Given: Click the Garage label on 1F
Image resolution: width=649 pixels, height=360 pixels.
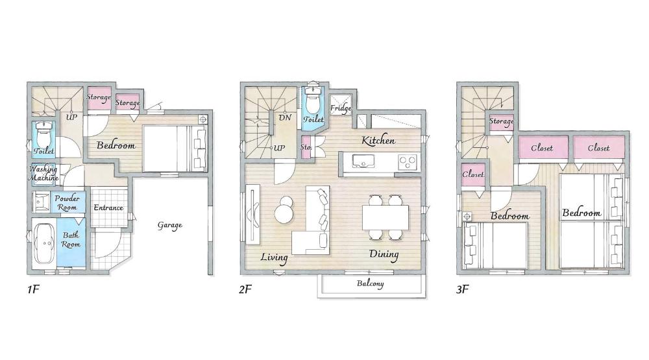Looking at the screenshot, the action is click(x=169, y=226).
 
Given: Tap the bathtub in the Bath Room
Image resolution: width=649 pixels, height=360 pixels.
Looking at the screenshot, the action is click(x=44, y=243).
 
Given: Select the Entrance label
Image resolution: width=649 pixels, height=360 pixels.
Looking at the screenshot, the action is click(x=108, y=208).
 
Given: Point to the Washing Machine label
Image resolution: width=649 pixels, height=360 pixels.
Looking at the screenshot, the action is click(x=43, y=173).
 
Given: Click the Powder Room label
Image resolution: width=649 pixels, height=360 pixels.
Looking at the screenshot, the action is click(x=67, y=203).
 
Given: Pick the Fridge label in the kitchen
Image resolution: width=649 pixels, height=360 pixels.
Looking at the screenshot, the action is click(x=341, y=108).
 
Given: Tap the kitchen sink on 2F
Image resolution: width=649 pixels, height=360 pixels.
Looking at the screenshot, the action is click(x=363, y=161).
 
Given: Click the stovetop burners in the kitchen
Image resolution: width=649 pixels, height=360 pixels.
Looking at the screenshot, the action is click(x=408, y=162).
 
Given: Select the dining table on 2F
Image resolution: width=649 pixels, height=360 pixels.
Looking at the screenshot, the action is click(x=386, y=217).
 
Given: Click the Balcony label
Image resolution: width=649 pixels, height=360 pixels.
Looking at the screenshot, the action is click(x=371, y=283).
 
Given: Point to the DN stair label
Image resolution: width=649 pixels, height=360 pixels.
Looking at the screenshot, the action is click(x=285, y=117).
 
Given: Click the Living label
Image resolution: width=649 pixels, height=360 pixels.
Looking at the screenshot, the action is click(x=274, y=258).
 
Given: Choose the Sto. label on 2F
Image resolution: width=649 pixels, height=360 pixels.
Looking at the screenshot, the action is click(x=306, y=147).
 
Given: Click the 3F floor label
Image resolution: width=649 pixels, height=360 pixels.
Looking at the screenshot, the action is click(x=462, y=289).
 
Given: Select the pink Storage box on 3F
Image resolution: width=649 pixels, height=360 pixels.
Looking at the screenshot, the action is click(x=501, y=122).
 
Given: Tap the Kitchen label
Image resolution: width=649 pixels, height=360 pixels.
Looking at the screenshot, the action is click(x=378, y=140).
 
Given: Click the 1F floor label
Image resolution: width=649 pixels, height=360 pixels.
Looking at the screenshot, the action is click(x=32, y=289).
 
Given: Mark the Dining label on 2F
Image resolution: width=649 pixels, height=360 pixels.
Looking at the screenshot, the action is click(x=384, y=254).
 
